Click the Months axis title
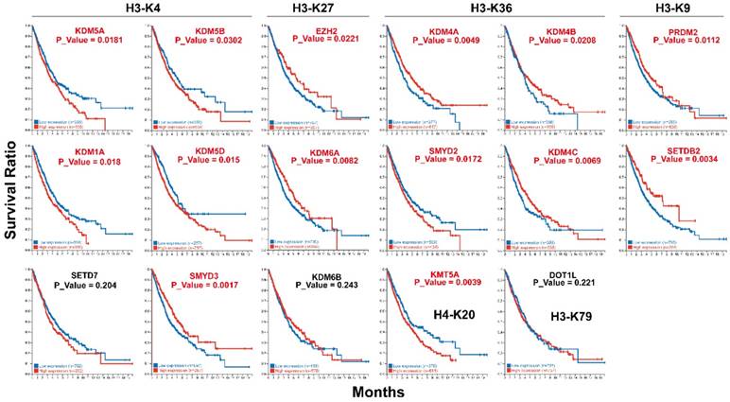(377, 391)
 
